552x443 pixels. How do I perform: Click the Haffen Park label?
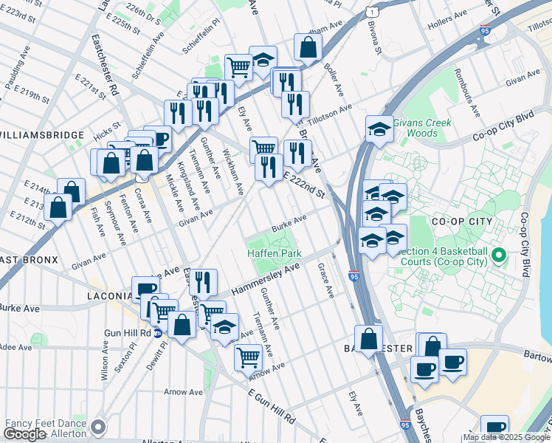coord(274,253)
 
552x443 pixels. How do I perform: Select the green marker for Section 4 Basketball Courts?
coord(499,256)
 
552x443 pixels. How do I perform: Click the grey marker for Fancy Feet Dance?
coord(97,427)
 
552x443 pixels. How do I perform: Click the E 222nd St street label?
coord(305,185)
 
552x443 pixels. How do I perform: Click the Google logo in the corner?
coord(25,433)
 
